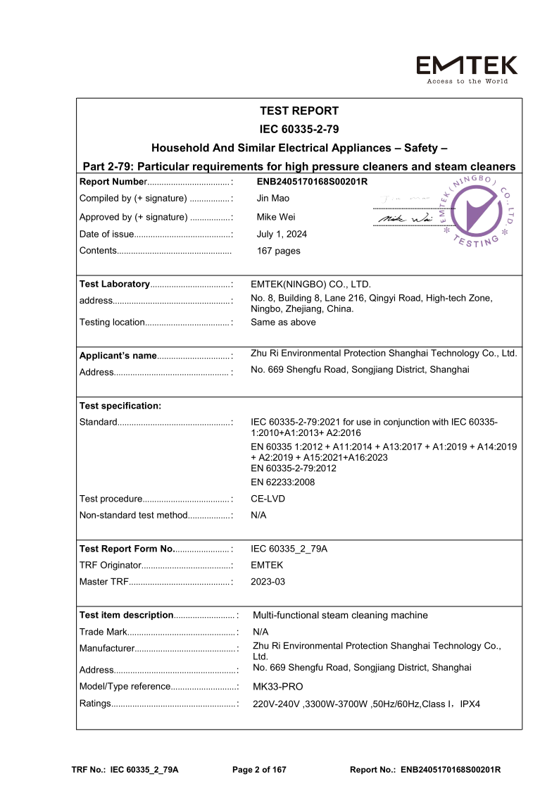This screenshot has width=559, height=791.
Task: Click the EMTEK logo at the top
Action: [x=467, y=69]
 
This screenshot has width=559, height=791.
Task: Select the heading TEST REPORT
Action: [x=299, y=111]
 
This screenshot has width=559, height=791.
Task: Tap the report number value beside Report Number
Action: [x=312, y=182]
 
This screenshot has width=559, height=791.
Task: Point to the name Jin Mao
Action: [x=272, y=199]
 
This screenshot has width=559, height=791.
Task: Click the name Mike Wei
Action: [x=275, y=217]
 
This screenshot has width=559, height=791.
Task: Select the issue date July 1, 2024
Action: [x=282, y=234]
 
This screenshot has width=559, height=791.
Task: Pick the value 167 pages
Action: [x=278, y=251]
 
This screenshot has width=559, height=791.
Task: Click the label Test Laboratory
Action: [x=115, y=284]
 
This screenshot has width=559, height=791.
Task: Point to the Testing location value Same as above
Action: [x=283, y=322]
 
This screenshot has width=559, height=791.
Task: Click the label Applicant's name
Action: [x=118, y=355]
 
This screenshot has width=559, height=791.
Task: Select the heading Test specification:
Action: [x=120, y=406]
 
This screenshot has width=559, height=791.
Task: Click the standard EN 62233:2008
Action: [x=283, y=482]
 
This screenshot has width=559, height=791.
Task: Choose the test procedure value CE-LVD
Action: [x=268, y=499]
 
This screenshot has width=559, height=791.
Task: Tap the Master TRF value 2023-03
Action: [x=268, y=582]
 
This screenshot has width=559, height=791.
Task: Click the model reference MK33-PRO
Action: [x=277, y=686]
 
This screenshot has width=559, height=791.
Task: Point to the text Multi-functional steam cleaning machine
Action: [x=340, y=615]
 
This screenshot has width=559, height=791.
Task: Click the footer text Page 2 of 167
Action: [x=259, y=770]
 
